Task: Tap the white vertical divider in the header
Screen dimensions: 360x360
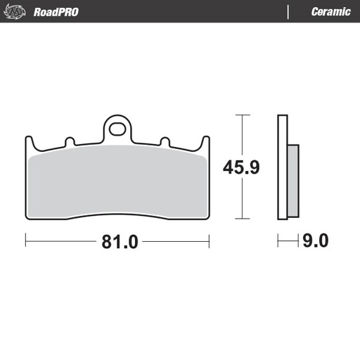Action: [x=288, y=12]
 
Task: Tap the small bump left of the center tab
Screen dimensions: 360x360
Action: [x=70, y=142]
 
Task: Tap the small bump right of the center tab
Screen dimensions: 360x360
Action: [x=165, y=142]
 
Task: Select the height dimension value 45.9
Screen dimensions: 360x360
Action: [x=242, y=167]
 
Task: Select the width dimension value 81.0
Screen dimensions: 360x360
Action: [x=117, y=242]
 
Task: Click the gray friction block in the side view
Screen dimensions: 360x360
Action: [x=294, y=179]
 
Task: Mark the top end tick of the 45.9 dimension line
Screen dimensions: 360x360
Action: [x=242, y=115]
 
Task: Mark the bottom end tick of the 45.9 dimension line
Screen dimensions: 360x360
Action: [x=242, y=219]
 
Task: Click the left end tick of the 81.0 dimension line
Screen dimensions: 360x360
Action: [x=25, y=242]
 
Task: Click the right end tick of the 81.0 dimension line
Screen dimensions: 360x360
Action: [x=210, y=242]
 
